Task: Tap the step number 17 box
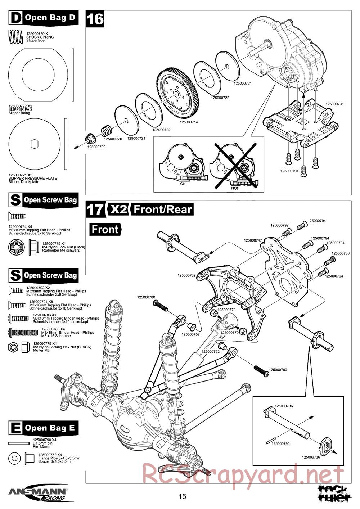point(95,209)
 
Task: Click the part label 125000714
point(188,122)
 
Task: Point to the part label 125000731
point(335,104)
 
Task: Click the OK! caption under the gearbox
point(184,184)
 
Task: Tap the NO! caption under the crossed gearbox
point(234,188)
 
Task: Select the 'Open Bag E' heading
point(43,428)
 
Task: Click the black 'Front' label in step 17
point(105,229)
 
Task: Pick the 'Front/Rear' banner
point(163,210)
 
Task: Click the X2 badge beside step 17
point(118,209)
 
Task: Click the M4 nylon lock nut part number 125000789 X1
point(53,243)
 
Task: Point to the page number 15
point(183,497)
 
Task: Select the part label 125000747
point(253,240)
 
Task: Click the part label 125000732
point(186,276)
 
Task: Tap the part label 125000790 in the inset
point(280,444)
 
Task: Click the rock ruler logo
point(335,493)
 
